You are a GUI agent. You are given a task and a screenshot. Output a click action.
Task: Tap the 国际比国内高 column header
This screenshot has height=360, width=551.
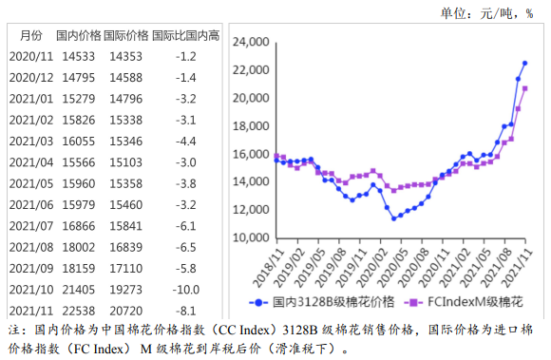pos(184,36)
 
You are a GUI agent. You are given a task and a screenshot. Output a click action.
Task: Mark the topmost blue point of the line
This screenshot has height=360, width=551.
pos(524,63)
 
